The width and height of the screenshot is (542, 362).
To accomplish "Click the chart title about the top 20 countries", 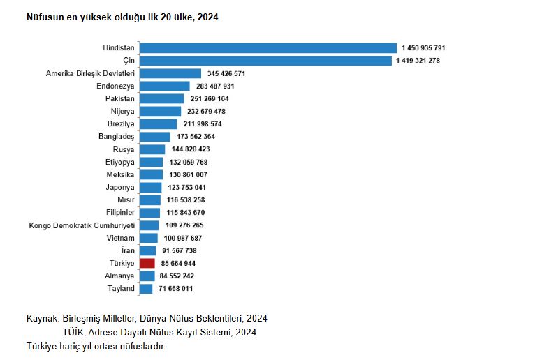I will coord(122,16).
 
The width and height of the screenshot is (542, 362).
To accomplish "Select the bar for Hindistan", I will coord(268,48).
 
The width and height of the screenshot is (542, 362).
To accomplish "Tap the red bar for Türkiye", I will coord(147,263).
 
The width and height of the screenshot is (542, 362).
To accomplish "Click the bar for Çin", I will coord(265,61).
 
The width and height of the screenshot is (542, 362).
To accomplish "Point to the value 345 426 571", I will coord(226,73).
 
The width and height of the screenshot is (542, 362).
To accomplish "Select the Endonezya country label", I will coord(115,86).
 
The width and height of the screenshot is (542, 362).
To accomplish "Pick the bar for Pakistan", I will coord(161,98).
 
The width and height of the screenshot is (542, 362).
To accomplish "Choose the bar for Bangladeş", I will coord(154,137).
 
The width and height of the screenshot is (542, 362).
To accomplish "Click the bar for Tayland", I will coord(146,288).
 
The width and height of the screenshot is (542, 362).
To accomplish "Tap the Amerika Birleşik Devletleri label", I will coord(90,73).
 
